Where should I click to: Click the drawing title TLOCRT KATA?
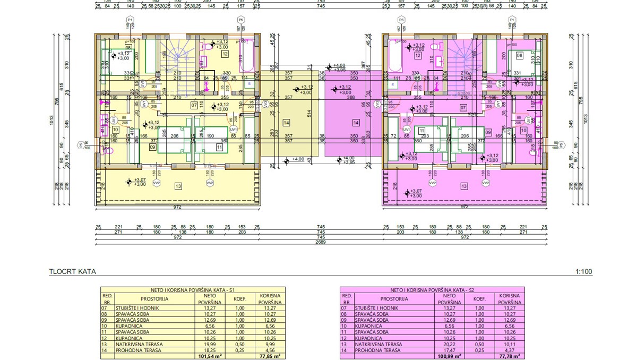pyautogui.click(x=72, y=271)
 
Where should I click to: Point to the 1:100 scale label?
pyautogui.click(x=583, y=271)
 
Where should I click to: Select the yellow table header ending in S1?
pyautogui.click(x=193, y=290)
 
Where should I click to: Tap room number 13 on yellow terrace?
pyautogui.click(x=178, y=186)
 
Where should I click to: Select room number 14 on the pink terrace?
pyautogui.click(x=355, y=123)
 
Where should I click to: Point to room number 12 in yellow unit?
pyautogui.click(x=225, y=54)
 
